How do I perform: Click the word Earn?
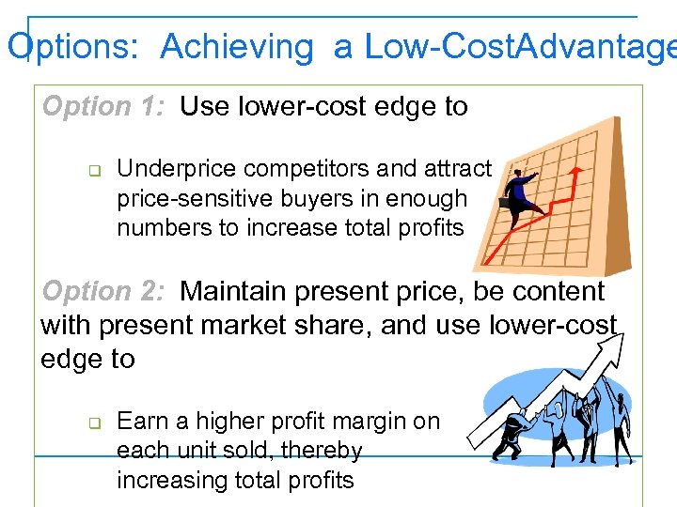(141, 422)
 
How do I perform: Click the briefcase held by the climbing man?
(507, 200)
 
